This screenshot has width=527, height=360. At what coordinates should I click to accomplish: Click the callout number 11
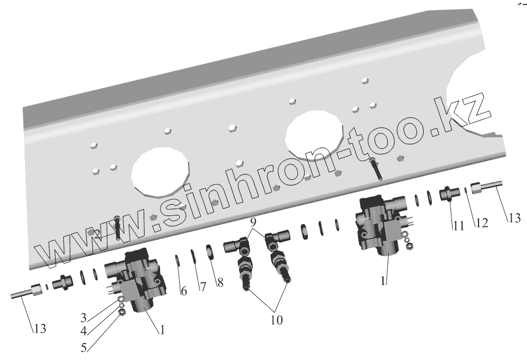coord(458,226)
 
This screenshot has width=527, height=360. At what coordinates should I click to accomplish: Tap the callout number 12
coord(482,222)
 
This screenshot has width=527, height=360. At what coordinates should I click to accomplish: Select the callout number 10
coord(277,320)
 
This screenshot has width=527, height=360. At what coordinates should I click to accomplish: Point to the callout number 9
coord(253,222)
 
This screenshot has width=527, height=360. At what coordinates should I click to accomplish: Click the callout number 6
coord(183,291)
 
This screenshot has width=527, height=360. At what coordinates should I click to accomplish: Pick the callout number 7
coord(202,287)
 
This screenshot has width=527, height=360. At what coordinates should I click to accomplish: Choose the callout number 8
coord(220,283)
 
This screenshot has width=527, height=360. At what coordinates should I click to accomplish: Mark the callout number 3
coord(83,317)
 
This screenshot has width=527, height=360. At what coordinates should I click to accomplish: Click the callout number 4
coord(83,331)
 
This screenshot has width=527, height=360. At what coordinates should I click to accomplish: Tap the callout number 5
coord(83,348)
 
